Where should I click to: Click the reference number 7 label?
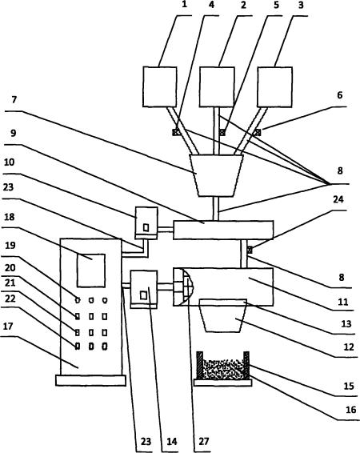[x=14, y=100]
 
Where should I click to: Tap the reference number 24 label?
[x=338, y=199]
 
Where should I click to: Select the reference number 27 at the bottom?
[x=203, y=442]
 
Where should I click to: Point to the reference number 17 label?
[x=8, y=327]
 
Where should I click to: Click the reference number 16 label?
[x=350, y=410]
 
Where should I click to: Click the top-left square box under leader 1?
[x=160, y=87]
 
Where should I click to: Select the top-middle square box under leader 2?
[x=217, y=87]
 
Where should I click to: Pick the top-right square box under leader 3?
[x=275, y=87]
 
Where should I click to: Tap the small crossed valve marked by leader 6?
[x=258, y=132]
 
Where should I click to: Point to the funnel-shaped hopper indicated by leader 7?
[x=216, y=175]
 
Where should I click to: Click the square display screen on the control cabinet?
[x=91, y=271]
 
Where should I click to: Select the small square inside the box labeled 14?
[x=143, y=295]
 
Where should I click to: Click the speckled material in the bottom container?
[x=222, y=369]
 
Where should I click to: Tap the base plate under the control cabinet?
[x=90, y=380]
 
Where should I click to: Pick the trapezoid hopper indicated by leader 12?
[x=223, y=315]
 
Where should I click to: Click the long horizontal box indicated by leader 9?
[x=223, y=230]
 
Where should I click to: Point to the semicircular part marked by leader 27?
[x=187, y=287]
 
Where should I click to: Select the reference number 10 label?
[x=10, y=162]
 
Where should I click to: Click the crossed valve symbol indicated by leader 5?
[x=222, y=132]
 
